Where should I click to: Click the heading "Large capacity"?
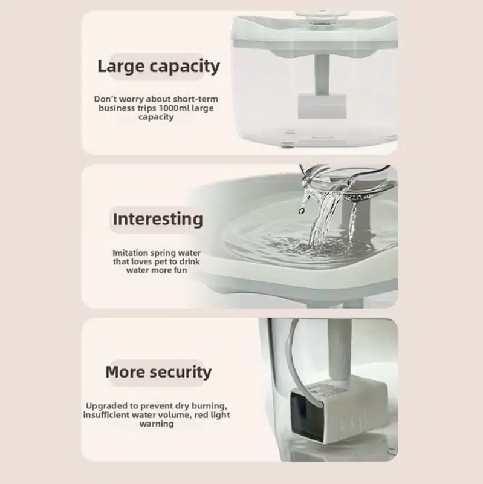point(158,67)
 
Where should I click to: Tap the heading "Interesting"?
point(158,220)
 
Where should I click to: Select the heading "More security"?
point(158,372)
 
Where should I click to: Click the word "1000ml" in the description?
point(174,108)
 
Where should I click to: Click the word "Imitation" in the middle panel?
point(130,253)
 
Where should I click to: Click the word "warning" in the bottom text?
point(157,423)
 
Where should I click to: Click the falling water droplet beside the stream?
point(301,210)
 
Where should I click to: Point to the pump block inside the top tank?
point(322,106)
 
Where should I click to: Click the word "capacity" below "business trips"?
point(156,117)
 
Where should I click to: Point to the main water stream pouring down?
point(322,216)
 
